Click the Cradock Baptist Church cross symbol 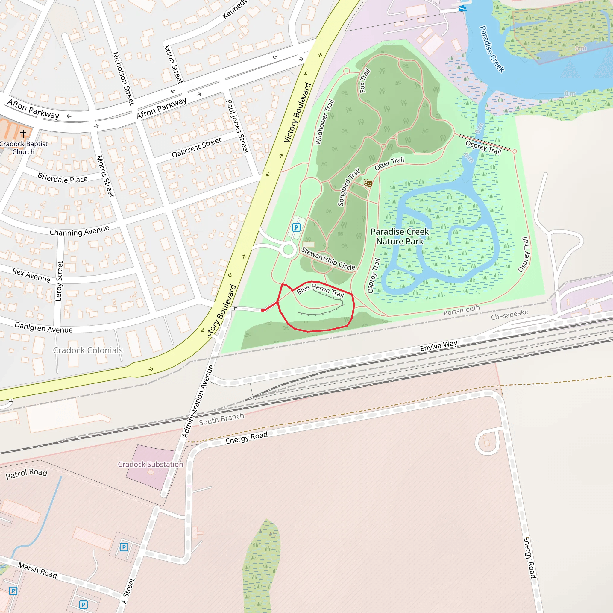[23, 133]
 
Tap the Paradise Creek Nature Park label [400, 236]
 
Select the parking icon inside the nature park [296, 227]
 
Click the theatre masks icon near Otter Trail [368, 183]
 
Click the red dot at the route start [263, 310]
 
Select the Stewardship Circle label [328, 259]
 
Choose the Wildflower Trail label [324, 122]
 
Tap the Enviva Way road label [438, 346]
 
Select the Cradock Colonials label [88, 350]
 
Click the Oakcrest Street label [196, 148]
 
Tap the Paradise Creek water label [491, 49]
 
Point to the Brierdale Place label [62, 178]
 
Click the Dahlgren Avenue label [43, 327]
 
